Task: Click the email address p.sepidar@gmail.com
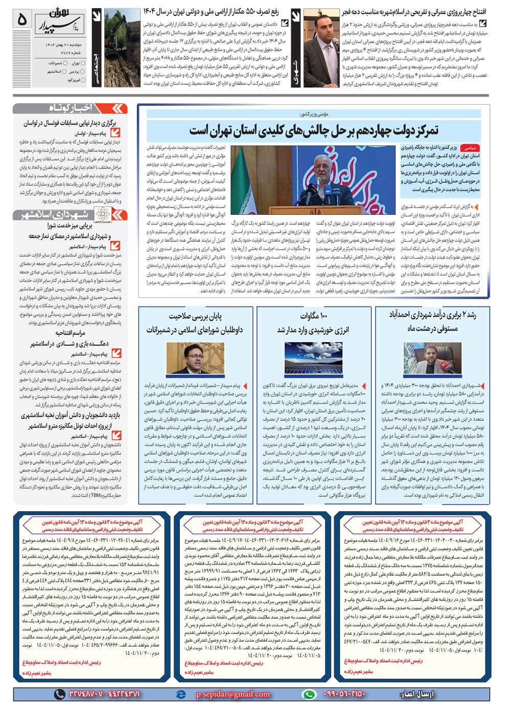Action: point(233,694)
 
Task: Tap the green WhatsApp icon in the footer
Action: point(309,694)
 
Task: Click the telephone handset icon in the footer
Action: point(60,694)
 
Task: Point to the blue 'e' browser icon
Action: point(180,694)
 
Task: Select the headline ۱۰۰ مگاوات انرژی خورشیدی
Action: point(313,323)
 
